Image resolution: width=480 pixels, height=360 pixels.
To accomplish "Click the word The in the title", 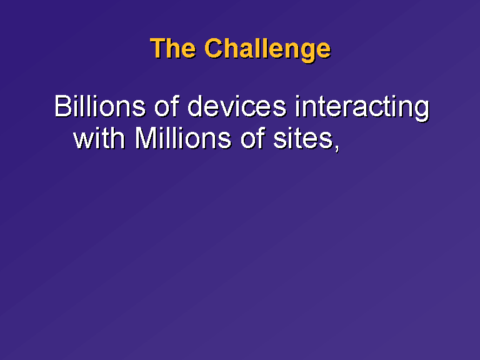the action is tap(173, 48).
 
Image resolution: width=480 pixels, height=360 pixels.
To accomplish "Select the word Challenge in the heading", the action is tap(268, 50).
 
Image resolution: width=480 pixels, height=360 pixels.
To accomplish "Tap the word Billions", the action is tap(100, 106).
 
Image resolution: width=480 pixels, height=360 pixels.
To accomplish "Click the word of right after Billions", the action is tap(166, 106).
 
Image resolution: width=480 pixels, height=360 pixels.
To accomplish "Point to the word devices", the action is tap(237, 106).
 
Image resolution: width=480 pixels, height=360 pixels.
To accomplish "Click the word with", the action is tap(99, 138).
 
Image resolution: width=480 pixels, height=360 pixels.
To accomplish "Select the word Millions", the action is tap(182, 138).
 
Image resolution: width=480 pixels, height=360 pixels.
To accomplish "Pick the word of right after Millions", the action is tap(252, 138).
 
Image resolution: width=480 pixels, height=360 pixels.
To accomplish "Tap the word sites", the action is tap(302, 139).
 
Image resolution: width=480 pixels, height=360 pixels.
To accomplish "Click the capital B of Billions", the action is tap(62, 106).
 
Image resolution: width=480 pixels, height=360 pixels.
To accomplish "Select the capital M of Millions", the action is tap(146, 138).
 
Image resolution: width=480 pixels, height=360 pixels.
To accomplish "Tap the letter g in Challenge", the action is tap(307, 52).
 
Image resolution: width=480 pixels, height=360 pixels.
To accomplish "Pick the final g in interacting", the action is tap(421, 111).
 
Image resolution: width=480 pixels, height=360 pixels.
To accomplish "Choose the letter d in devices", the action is tap(195, 106).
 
